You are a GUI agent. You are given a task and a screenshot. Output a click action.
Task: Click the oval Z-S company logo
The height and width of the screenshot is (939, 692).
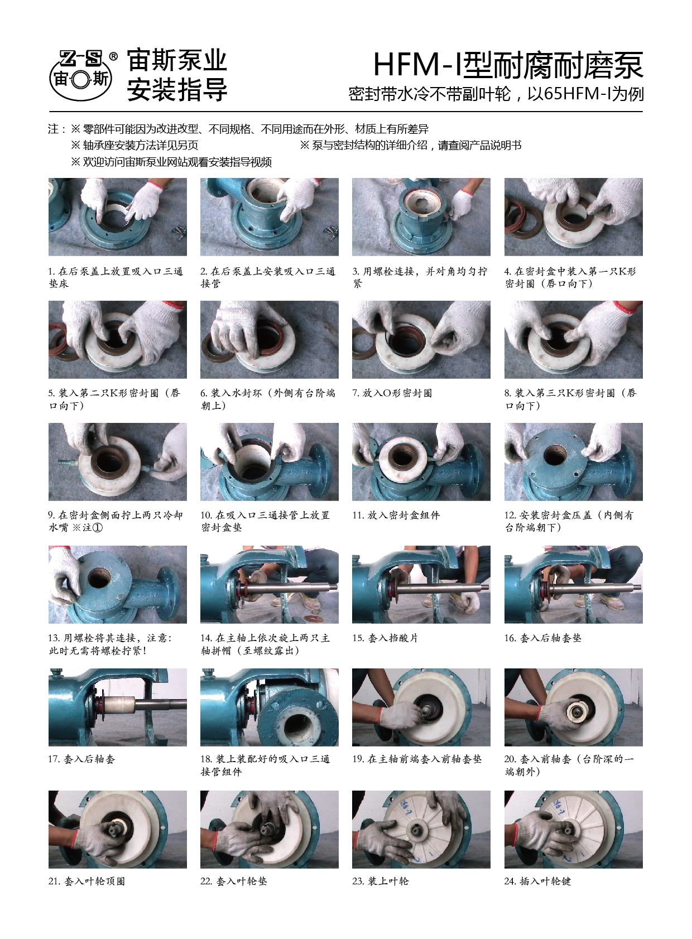(x=81, y=75)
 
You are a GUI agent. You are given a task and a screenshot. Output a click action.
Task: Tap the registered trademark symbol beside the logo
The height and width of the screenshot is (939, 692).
(x=113, y=56)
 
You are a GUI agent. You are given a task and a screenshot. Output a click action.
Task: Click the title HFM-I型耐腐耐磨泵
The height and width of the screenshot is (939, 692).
(x=508, y=65)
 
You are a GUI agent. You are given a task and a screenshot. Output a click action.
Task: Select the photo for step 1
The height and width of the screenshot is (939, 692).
(x=117, y=216)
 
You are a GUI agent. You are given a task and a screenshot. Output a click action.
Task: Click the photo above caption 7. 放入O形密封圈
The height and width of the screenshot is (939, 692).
(x=421, y=339)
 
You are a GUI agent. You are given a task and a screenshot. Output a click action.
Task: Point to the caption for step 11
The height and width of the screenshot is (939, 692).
(x=396, y=515)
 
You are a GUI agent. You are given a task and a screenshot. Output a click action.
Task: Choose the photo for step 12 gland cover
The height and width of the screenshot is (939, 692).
(x=573, y=461)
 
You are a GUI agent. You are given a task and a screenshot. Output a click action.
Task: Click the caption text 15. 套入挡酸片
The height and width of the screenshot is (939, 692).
(x=385, y=638)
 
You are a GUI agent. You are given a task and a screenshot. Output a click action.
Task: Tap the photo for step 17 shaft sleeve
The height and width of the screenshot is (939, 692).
(x=117, y=707)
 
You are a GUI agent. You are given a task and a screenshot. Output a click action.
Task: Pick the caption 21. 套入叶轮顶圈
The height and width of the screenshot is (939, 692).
(x=86, y=881)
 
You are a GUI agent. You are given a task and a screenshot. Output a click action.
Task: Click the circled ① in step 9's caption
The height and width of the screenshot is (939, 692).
(x=97, y=528)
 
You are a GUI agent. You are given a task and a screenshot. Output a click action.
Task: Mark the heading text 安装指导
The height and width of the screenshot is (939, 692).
(x=177, y=89)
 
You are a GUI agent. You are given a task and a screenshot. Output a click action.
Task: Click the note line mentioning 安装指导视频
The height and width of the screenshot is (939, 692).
(x=171, y=162)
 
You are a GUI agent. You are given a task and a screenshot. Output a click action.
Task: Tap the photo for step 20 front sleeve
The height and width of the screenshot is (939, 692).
(x=573, y=707)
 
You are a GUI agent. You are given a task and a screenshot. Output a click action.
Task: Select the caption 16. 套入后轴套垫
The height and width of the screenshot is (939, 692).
(x=542, y=638)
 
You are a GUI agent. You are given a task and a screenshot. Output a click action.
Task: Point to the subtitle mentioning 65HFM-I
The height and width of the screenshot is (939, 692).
(x=496, y=94)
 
